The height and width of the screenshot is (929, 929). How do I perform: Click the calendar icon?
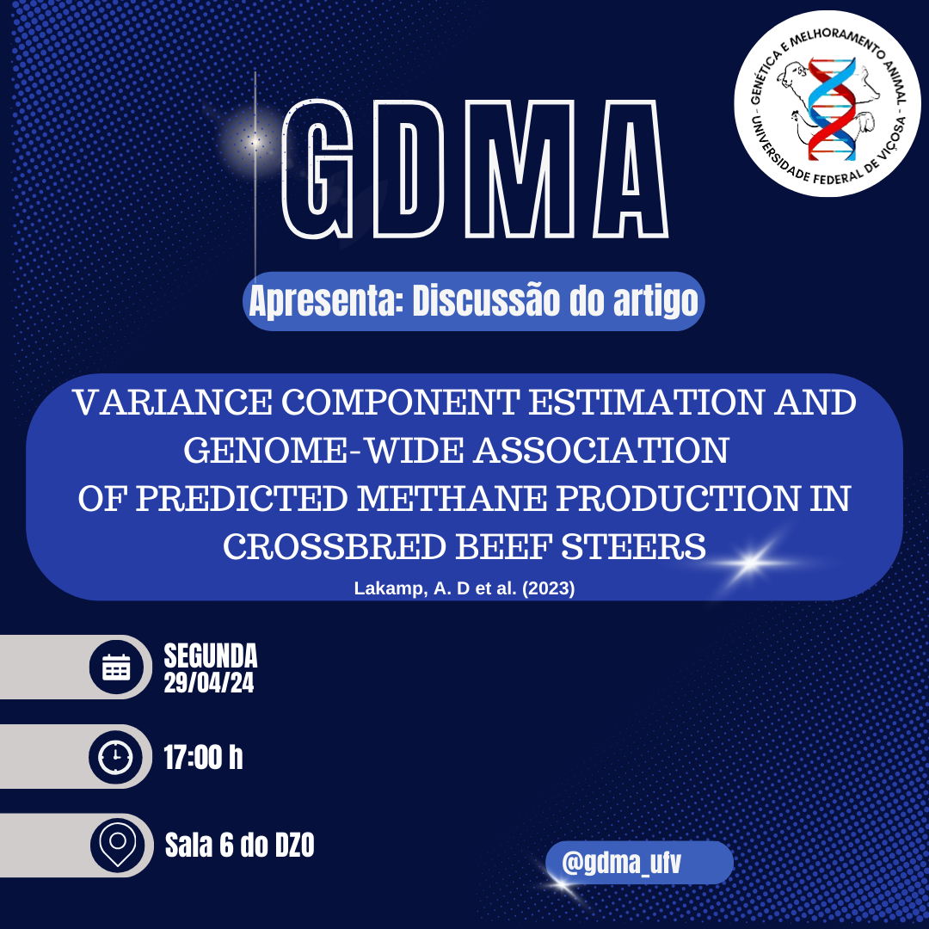116,668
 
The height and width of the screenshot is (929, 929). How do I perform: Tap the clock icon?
115,757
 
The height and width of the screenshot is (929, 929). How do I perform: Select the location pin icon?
117,845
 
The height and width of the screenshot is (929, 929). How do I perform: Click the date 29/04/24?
208,683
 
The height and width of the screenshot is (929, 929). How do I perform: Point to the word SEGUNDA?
211,655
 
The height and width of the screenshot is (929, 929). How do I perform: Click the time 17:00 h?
203,757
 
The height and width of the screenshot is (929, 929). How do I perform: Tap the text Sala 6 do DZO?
239,845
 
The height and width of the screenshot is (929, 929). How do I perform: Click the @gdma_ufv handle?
622,863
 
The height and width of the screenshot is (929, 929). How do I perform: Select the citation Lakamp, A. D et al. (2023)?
464,588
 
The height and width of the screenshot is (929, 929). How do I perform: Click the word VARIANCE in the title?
172,403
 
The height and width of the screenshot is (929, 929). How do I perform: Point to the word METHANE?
452,498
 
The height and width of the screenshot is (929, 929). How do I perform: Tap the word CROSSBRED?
334,546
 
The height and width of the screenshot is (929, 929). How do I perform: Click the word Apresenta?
325,302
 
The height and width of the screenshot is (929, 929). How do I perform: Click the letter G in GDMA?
319,169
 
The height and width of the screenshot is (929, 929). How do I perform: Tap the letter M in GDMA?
520,169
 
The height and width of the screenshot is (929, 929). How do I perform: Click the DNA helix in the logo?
832,109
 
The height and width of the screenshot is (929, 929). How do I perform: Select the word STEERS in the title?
633,546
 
